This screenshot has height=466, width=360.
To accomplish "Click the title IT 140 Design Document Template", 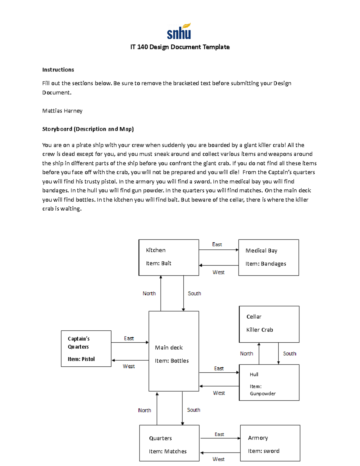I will pos(180,47).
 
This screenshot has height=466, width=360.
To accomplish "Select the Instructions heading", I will pos(58,70).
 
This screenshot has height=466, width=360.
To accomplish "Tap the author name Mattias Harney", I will pos(62,111).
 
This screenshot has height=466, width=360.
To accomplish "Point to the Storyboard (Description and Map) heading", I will pos(88,129).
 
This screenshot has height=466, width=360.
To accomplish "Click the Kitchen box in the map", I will pos(169,257).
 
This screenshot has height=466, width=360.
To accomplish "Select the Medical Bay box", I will pos(268,257).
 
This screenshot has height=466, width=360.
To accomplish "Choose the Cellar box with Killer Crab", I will pos(269,324).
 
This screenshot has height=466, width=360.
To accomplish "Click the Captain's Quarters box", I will pos(86,348).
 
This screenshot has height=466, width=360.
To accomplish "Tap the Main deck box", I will pos(174,351).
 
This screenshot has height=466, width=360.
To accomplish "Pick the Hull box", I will pos(269,382).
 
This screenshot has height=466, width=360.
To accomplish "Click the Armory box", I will pos(270,443).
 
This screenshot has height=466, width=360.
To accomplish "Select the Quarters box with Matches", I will pos(169,443).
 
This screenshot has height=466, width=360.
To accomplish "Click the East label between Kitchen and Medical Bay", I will pos(217,245).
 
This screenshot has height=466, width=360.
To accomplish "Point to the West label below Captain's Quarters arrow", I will pos(129,366).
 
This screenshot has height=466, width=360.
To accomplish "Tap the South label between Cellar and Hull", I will pos(289,354).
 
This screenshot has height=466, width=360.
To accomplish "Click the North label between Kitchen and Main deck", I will pos(149,293).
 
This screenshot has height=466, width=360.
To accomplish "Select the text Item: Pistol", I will pos(81,359).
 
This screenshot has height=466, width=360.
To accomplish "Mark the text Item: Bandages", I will pos(265,264).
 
